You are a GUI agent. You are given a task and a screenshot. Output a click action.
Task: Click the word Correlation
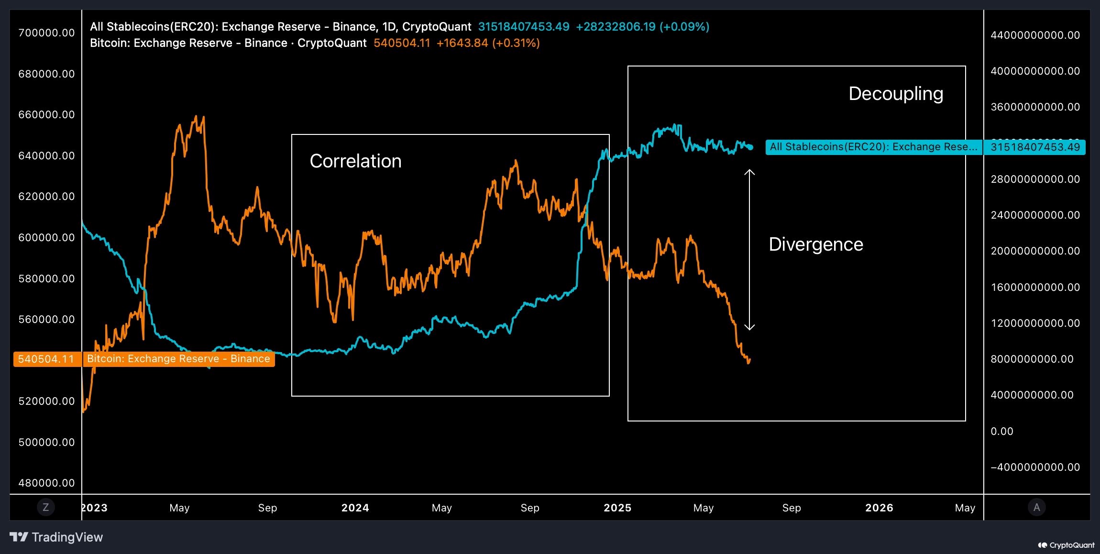coord(355,161)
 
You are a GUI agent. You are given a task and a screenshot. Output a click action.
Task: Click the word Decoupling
coord(895,94)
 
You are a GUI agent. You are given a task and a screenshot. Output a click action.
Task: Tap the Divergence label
coord(815,244)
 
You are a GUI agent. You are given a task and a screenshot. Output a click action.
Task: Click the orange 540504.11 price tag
coord(46,359)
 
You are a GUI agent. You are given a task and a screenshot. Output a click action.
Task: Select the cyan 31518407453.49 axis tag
coord(1034,147)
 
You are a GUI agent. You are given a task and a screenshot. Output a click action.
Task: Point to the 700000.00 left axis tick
coord(46,33)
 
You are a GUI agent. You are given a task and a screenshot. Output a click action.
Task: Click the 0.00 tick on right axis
coord(1001,431)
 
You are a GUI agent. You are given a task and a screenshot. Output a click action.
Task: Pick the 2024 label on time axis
coord(355,508)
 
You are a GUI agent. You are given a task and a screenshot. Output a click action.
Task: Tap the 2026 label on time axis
coord(879,508)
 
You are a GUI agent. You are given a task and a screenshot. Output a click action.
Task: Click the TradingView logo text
coord(66,537)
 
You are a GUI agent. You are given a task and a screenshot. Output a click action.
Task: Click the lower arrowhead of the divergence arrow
coord(749,328)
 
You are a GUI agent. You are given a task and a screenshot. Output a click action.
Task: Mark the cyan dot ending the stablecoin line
coord(750,147)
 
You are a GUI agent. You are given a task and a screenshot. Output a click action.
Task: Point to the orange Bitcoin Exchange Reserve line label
coord(178,359)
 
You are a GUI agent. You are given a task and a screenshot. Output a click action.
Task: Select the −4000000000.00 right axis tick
coord(1034,467)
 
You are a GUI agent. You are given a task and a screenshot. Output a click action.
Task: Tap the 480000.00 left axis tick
coord(46,483)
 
